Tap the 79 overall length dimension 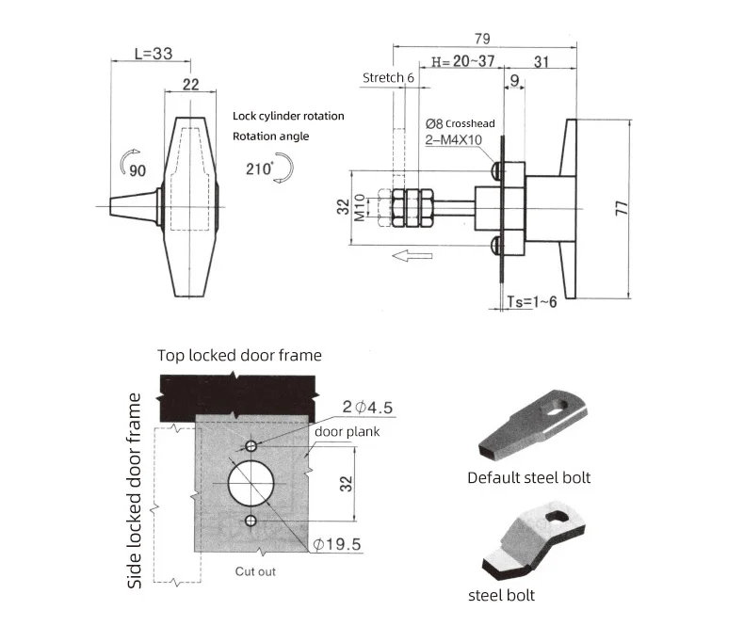coord(481,37)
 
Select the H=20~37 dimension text coord(461,61)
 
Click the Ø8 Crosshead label coord(460,123)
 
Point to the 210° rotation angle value coord(256,169)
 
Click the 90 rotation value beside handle coord(137,169)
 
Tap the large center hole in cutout coord(251,483)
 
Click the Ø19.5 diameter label coord(336,544)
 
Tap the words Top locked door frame coord(239,355)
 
